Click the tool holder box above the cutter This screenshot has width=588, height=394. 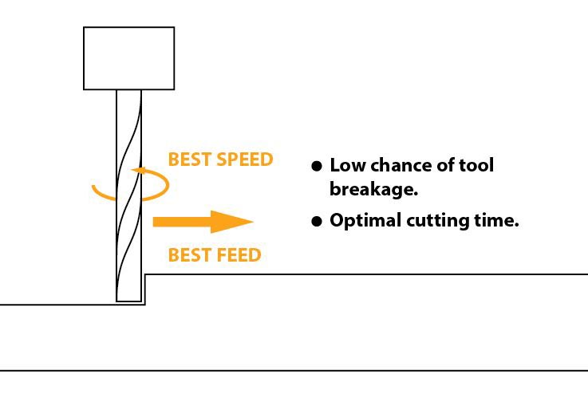pyautogui.click(x=129, y=58)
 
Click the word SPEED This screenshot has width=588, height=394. pyautogui.click(x=244, y=160)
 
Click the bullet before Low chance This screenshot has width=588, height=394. pyautogui.click(x=316, y=166)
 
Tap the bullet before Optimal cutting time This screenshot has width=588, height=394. pyautogui.click(x=316, y=222)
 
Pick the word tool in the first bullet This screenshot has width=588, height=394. pyautogui.click(x=477, y=165)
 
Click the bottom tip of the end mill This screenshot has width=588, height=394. pyautogui.click(x=128, y=300)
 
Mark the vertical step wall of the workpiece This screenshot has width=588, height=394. pyautogui.click(x=144, y=290)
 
